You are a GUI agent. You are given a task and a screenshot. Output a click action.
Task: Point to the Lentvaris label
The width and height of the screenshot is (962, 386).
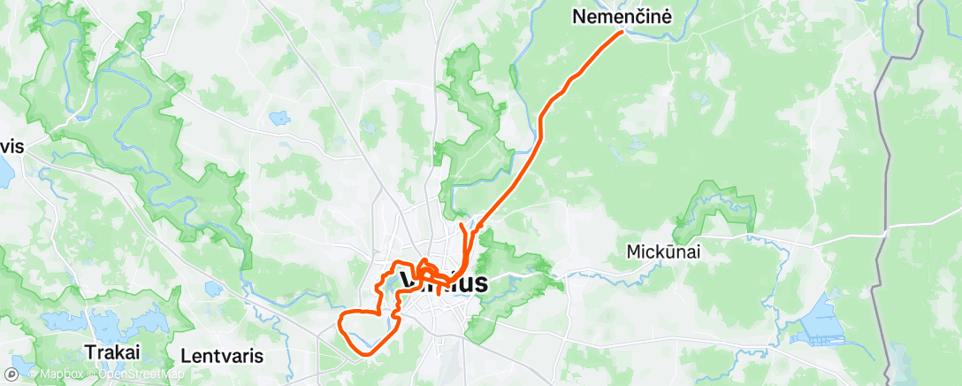[221, 355]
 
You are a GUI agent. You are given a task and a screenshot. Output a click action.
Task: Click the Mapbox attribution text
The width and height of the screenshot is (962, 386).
[60, 374]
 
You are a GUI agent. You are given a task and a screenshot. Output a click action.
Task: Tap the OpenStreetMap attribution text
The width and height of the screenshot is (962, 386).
[140, 374]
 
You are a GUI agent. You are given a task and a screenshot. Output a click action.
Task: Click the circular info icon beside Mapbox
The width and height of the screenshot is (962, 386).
[20, 374]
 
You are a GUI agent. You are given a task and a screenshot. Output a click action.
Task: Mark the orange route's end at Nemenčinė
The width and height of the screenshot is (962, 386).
[622, 32]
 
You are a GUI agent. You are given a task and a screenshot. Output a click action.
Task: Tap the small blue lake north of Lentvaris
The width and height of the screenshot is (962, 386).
[212, 289]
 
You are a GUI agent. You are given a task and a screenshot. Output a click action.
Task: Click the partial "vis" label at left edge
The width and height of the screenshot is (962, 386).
[11, 146]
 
